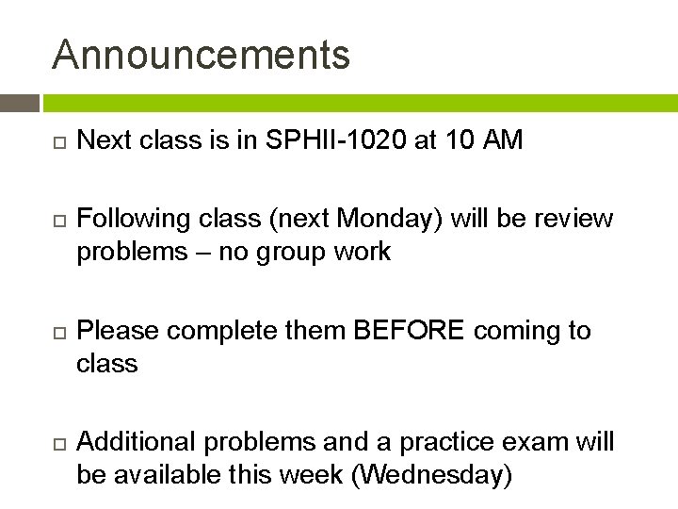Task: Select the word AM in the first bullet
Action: [501, 141]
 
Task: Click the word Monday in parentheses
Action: [397, 220]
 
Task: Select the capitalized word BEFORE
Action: [410, 331]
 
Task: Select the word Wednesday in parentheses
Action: [430, 475]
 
